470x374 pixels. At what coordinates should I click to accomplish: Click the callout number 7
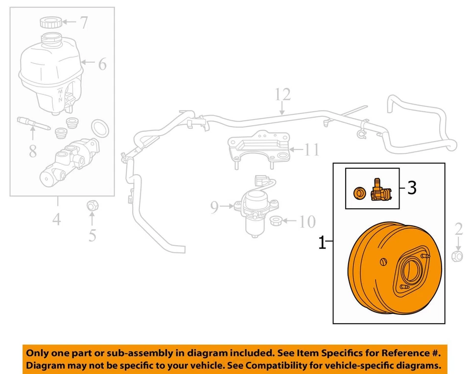pyautogui.click(x=84, y=22)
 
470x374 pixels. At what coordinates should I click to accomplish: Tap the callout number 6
pyautogui.click(x=101, y=63)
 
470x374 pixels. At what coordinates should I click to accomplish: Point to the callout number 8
pyautogui.click(x=33, y=151)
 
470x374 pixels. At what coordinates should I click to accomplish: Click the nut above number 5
pyautogui.click(x=91, y=205)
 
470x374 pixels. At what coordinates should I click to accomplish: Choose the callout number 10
pyautogui.click(x=307, y=222)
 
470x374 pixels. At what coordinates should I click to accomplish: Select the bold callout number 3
pyautogui.click(x=412, y=188)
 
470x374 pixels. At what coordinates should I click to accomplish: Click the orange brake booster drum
pyautogui.click(x=387, y=274)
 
